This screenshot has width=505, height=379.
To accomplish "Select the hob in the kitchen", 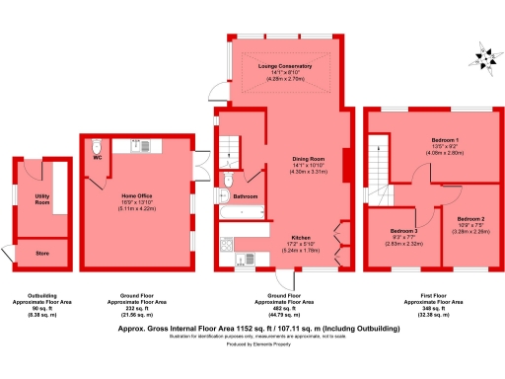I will pos(226,244).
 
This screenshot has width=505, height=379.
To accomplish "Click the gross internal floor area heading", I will pos(252,324).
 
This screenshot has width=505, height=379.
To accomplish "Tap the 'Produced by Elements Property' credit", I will pos(252,344).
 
